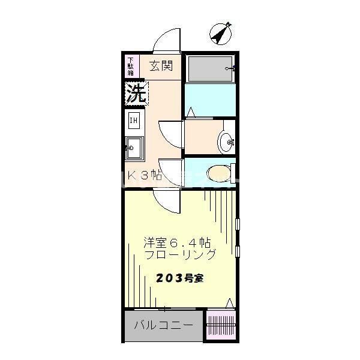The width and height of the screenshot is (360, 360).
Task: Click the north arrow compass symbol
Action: pyautogui.click(x=221, y=34)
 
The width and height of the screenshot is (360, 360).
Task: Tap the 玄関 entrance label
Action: pyautogui.click(x=161, y=65)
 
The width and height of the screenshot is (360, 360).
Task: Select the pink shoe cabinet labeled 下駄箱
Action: pyautogui.click(x=131, y=66)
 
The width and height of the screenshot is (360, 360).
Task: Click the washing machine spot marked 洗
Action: pyautogui.click(x=136, y=93)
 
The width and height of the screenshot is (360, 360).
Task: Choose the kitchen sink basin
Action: pyautogui.click(x=133, y=146)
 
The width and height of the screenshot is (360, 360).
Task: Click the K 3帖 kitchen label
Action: pyautogui.click(x=146, y=176)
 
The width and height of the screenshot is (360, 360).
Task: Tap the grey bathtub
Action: pyautogui.click(x=210, y=69)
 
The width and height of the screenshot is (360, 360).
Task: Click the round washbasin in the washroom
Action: pyautogui.click(x=227, y=142)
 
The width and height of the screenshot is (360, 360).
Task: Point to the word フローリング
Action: pyautogui.click(x=180, y=254)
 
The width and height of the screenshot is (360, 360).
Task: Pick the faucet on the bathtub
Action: pyautogui.click(x=229, y=69)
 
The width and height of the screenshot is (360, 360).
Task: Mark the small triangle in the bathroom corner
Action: pyautogui.click(x=191, y=112)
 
